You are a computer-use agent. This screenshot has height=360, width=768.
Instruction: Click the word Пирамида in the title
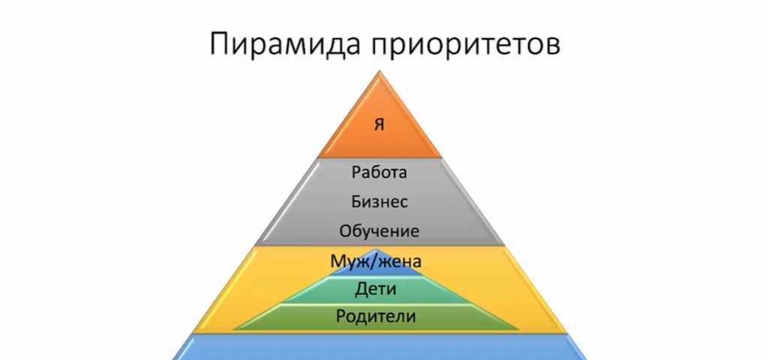click(x=286, y=43)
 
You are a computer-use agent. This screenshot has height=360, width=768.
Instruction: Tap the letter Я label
click(x=379, y=124)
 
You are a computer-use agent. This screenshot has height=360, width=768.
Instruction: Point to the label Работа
click(x=379, y=172)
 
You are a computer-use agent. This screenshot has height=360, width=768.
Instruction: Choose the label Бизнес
click(x=379, y=201)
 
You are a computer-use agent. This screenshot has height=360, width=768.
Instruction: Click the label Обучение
click(x=379, y=231)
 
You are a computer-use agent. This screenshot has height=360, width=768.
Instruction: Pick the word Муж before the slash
click(x=345, y=261)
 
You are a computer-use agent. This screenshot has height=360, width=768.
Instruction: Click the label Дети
click(x=376, y=289)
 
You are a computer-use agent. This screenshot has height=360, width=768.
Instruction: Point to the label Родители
click(x=376, y=316)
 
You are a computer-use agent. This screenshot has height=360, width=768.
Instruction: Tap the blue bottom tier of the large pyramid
click(x=379, y=348)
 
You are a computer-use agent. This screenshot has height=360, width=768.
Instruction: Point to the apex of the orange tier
click(x=379, y=71)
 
